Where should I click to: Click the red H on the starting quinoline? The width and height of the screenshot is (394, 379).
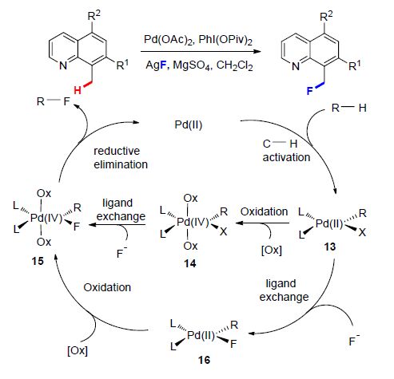[78, 90]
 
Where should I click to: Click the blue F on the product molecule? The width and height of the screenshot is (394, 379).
[309, 91]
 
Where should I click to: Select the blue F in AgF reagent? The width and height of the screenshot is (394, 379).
[163, 65]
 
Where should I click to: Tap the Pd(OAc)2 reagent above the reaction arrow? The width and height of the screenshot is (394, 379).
[168, 40]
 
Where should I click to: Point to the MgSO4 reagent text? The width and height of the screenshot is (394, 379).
[193, 65]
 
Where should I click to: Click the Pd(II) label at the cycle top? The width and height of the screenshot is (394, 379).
[189, 124]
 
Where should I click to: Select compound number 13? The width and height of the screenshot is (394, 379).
[330, 247]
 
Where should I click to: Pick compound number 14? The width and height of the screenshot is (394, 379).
[190, 263]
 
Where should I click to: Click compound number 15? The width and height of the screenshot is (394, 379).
[38, 261]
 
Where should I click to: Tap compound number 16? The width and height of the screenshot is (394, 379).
[204, 360]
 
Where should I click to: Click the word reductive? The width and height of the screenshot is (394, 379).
[117, 151]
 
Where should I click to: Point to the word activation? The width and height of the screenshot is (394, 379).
[286, 157]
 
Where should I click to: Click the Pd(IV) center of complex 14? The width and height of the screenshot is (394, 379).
[193, 222]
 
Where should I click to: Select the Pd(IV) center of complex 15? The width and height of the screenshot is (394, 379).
[46, 218]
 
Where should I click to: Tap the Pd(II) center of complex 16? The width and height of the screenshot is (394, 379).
[201, 335]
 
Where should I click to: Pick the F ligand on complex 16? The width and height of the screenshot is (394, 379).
[233, 344]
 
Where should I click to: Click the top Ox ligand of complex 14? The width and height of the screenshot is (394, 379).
[190, 198]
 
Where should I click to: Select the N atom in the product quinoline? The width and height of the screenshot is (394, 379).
[296, 66]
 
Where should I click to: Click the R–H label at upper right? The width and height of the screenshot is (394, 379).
[349, 108]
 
